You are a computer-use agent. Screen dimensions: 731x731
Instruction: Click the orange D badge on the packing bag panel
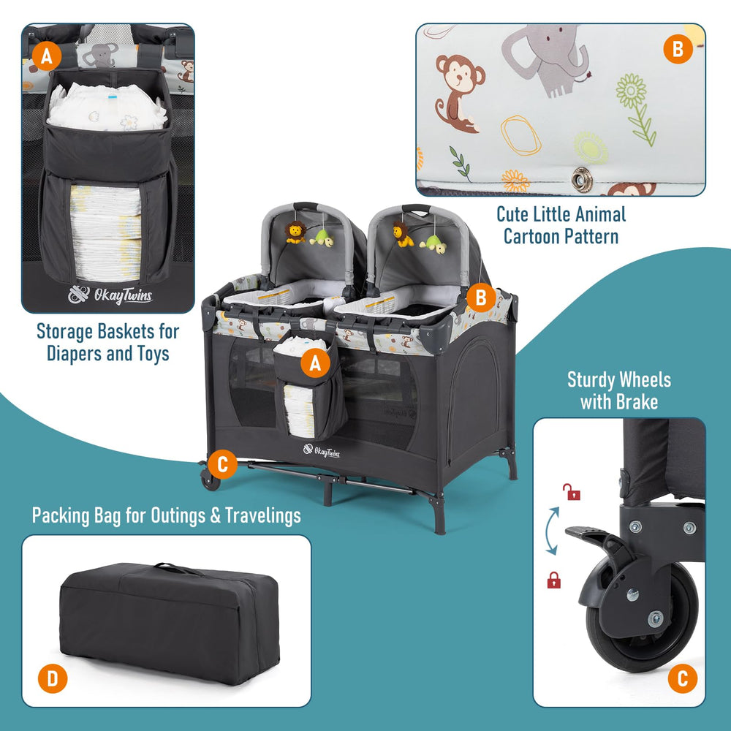coord(53,678)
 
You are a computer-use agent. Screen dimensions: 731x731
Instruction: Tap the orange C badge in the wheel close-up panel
coord(683,678)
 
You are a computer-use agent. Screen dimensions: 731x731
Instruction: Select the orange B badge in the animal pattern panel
coord(678,50)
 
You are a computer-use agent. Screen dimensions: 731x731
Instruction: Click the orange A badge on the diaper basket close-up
coord(47,56)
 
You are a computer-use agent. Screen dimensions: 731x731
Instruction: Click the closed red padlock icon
coord(554,580)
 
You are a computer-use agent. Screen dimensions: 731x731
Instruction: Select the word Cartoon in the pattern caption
coord(535,236)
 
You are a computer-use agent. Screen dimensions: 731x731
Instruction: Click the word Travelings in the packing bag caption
coord(263,515)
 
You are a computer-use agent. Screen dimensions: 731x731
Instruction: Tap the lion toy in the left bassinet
coord(295,232)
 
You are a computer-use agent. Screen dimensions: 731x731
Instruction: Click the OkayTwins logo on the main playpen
coord(322,451)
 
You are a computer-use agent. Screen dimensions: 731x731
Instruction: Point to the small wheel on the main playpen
coord(210,480)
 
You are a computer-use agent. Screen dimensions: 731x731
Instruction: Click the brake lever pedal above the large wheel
coord(588,535)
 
